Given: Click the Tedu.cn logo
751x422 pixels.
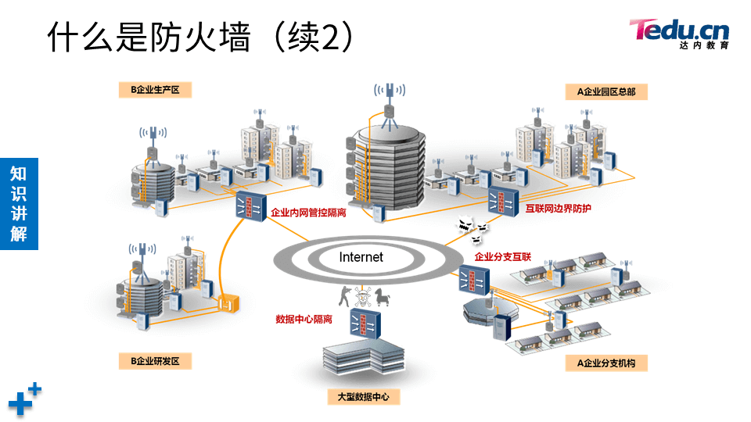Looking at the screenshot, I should [x=679, y=33].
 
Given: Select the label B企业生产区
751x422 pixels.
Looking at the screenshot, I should [x=154, y=90].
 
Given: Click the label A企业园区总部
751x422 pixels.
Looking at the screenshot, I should [x=606, y=91].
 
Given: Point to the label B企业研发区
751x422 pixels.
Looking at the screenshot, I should [x=155, y=361].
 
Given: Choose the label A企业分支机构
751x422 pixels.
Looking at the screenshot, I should [x=606, y=363].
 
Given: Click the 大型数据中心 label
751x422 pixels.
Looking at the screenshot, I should [x=363, y=397].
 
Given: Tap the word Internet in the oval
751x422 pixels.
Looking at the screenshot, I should [x=361, y=256].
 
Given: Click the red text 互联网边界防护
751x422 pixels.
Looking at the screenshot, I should [x=559, y=209].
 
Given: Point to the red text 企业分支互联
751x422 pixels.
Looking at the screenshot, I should [x=503, y=256].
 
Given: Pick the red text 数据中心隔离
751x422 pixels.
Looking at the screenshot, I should [x=304, y=319].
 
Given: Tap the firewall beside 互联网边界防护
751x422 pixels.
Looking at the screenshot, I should [x=502, y=202].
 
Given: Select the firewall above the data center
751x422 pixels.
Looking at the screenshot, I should [x=365, y=322].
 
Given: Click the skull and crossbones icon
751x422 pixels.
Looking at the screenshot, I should [x=362, y=297].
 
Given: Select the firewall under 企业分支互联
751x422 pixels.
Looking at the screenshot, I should [x=473, y=279].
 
